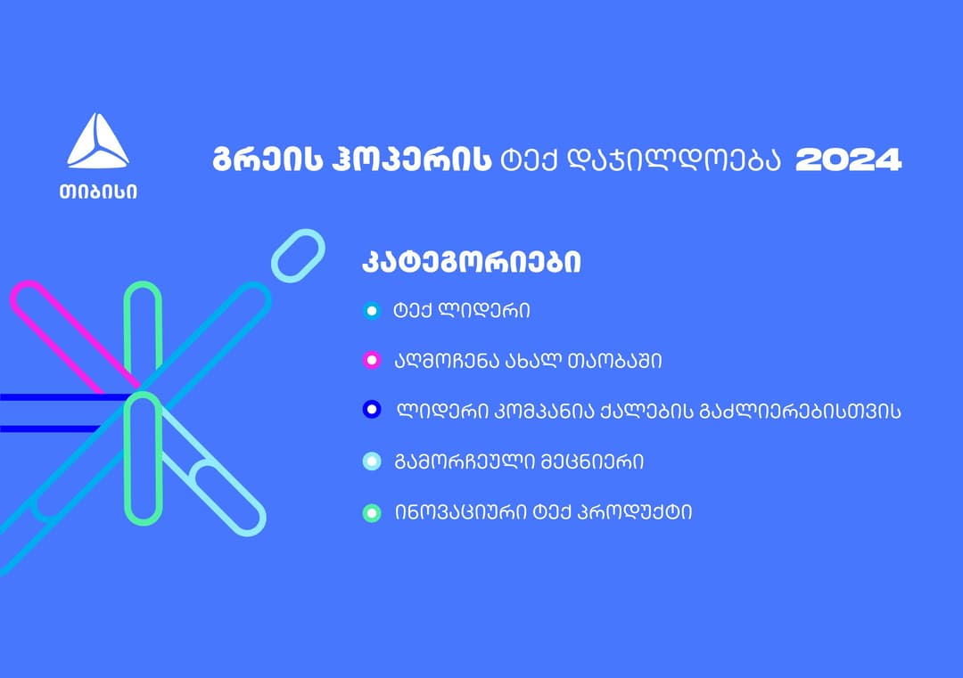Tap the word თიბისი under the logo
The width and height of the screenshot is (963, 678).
pos(98,192)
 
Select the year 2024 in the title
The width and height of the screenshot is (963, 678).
pos(848,160)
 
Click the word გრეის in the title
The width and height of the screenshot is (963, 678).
pos(267,160)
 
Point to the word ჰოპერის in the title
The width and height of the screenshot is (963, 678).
pos(411,160)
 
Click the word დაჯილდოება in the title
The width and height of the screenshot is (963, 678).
pos(672,160)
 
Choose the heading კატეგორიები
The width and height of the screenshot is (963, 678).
pos(471,262)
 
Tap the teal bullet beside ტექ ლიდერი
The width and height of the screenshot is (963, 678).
pos(371,311)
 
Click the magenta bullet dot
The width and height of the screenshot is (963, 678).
pos(371,360)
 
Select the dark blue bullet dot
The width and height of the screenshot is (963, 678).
pos(372,409)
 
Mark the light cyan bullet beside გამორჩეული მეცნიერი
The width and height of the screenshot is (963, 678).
pos(372,461)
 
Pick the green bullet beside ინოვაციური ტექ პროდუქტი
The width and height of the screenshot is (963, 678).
pos(372,512)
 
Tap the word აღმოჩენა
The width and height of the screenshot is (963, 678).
pos(446,361)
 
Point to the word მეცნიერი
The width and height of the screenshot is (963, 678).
pos(592,462)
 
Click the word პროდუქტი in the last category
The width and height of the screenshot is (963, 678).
pos(635,512)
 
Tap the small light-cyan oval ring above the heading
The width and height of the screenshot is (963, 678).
pos(298,256)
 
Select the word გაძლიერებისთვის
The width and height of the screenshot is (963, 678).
pos(800,411)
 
